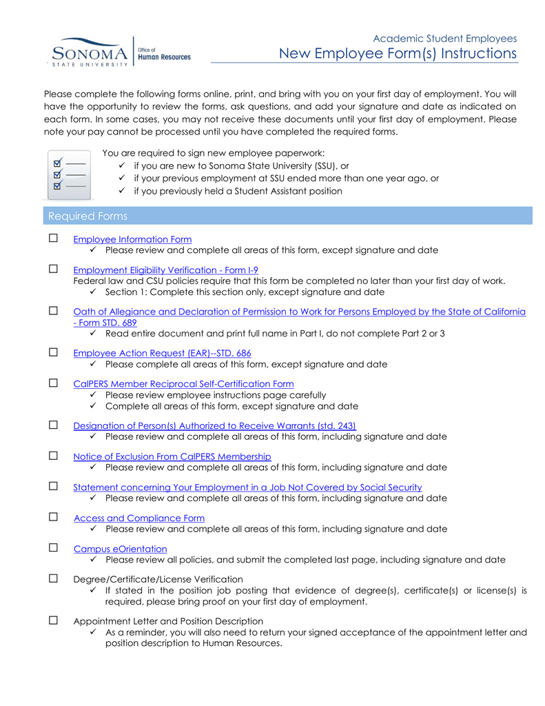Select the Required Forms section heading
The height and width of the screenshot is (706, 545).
pos(88,216)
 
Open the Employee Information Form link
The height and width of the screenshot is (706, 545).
pos(132,239)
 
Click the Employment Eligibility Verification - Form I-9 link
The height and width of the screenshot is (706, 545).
pos(165,270)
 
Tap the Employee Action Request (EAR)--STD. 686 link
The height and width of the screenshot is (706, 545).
pos(162,353)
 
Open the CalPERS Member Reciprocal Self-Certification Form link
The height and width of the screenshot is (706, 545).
pos(183,384)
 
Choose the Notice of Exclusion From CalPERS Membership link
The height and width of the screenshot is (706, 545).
pos(172,456)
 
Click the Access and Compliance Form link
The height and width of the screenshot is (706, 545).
pos(139,518)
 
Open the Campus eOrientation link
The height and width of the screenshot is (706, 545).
pos(121,549)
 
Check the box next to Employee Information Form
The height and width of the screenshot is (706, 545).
pos(53,239)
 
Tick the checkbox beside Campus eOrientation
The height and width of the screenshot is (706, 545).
pos(53,548)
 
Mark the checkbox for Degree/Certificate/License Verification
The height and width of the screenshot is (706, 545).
pos(53,579)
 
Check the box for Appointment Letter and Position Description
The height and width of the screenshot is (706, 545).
pos(53,621)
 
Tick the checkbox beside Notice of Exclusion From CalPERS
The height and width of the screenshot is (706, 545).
pos(53,456)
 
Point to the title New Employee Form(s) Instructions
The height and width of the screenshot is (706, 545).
pos(398,54)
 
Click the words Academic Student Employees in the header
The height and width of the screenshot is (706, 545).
pos(444,39)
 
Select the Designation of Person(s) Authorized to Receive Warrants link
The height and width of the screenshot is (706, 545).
pos(214,425)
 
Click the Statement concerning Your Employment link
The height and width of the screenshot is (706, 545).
pos(247,487)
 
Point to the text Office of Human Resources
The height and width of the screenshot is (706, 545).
pos(164,54)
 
